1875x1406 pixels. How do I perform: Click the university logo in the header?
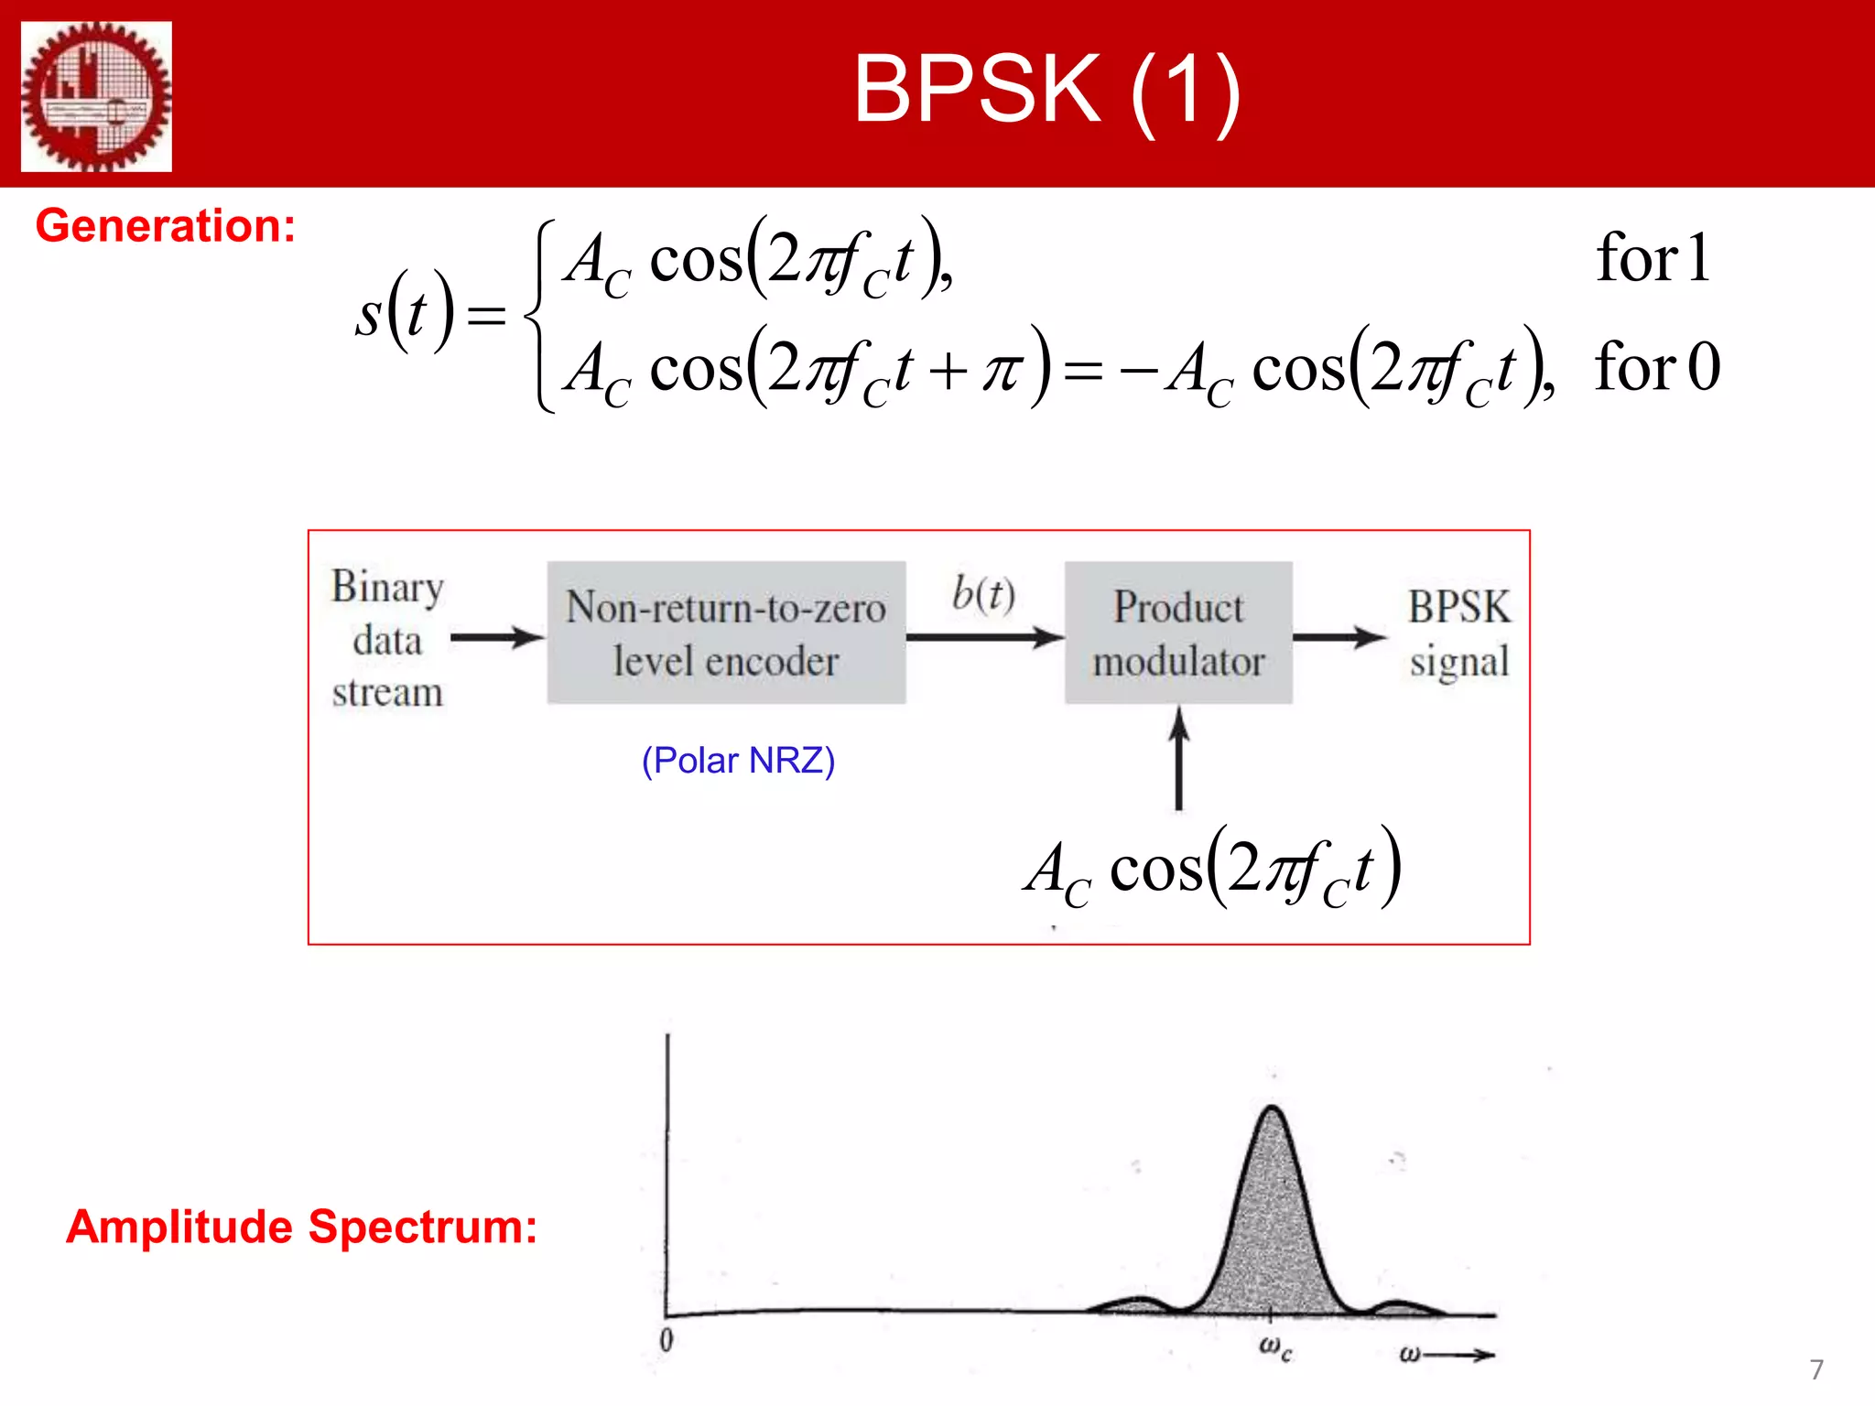click(x=96, y=96)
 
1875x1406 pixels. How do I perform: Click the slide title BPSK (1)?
click(x=1046, y=89)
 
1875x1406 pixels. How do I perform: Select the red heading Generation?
click(x=166, y=225)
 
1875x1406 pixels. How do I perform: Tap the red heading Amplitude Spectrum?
click(x=301, y=1227)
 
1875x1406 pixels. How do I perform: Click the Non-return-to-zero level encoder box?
click(x=726, y=633)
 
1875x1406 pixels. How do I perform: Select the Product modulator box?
click(x=1178, y=633)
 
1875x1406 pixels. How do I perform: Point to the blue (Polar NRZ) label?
click(x=738, y=761)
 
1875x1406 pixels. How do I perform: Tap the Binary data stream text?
click(x=387, y=639)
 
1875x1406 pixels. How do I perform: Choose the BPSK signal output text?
click(x=1458, y=633)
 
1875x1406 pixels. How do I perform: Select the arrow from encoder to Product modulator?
click(x=984, y=637)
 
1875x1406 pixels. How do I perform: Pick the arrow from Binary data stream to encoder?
click(x=497, y=637)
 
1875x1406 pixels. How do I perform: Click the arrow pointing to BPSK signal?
click(x=1339, y=637)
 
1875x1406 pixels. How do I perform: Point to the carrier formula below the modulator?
click(x=1212, y=868)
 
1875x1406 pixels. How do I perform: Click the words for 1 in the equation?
click(x=1653, y=258)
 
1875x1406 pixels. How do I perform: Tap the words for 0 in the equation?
click(x=1657, y=367)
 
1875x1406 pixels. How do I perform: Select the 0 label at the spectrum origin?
click(x=667, y=1340)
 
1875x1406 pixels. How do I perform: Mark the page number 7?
click(x=1816, y=1369)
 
